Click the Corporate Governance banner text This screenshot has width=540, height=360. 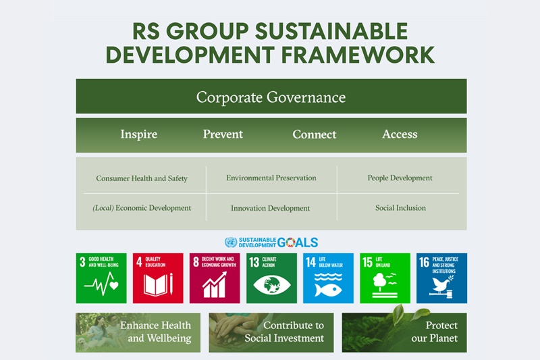[x=271, y=97]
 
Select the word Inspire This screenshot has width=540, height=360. [x=139, y=134]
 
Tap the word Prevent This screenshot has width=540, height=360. [x=223, y=134]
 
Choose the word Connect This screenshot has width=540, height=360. [x=315, y=134]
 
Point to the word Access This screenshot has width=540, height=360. [x=400, y=134]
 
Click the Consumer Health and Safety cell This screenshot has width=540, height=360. [x=142, y=178]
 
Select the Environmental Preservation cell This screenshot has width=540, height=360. [x=271, y=178]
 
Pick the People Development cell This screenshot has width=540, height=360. [x=400, y=178]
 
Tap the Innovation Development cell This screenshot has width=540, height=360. [x=271, y=208]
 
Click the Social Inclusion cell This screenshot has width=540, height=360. [x=400, y=208]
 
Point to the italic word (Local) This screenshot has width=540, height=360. [x=103, y=208]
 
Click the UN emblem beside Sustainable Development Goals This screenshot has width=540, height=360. [x=231, y=242]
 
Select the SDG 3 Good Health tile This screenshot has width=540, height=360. [x=101, y=278]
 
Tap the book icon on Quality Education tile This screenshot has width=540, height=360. [x=155, y=284]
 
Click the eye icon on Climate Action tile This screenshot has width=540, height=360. [x=272, y=285]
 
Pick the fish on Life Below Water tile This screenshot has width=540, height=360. [x=328, y=290]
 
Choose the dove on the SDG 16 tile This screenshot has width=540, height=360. [x=441, y=284]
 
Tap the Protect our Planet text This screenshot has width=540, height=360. [x=434, y=332]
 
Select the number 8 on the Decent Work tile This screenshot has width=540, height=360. [x=196, y=262]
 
